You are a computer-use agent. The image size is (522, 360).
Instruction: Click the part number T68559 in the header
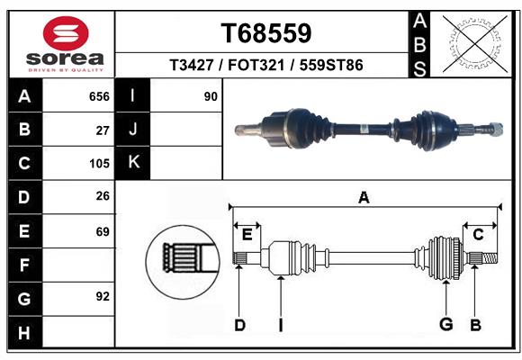pos(265,33)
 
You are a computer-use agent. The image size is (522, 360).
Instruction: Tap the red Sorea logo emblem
pos(66,35)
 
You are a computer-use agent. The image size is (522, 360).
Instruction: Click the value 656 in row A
pos(99,96)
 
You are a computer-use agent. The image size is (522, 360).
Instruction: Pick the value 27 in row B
pos(103,130)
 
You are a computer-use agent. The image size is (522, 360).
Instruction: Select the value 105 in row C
pos(99,164)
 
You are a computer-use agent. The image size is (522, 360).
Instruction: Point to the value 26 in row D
pos(103,197)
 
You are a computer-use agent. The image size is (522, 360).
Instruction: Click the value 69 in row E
pos(103,231)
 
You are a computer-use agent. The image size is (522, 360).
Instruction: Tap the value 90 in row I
pos(211,96)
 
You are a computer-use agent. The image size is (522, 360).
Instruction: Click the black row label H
pos(24,332)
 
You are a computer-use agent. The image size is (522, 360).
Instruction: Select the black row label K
pos(134,163)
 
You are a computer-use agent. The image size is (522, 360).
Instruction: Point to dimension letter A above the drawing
pos(364,197)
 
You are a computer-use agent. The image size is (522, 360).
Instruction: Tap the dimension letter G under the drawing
pos(445,325)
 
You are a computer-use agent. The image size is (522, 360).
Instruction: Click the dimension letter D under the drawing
pos(239,325)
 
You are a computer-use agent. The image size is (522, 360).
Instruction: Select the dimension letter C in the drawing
pos(479,234)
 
